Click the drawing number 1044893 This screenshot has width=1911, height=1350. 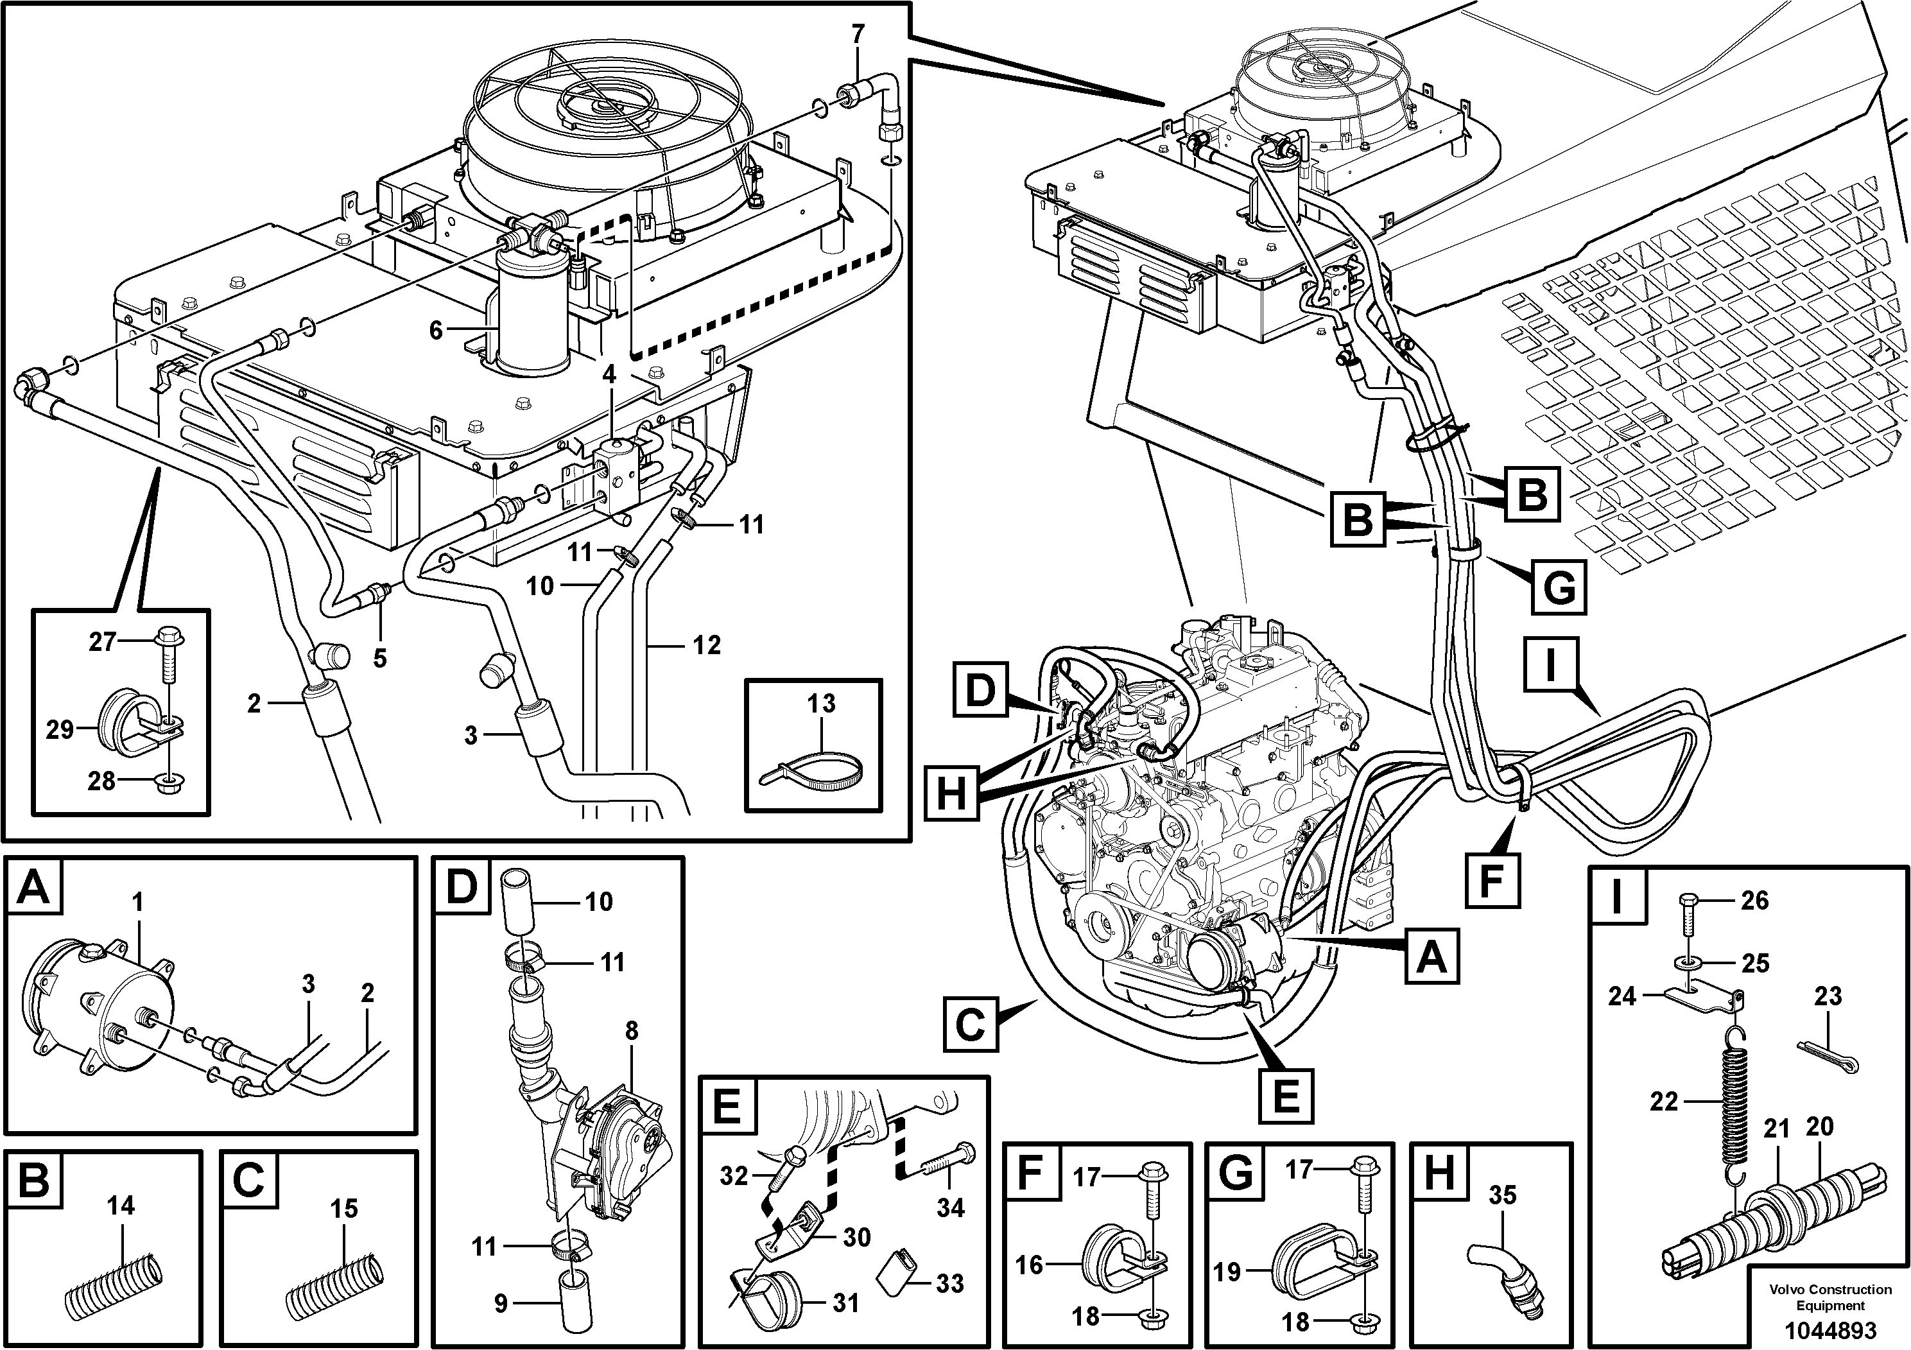1829,1328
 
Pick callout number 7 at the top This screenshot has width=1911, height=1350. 858,35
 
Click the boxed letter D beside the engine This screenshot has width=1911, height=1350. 980,691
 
